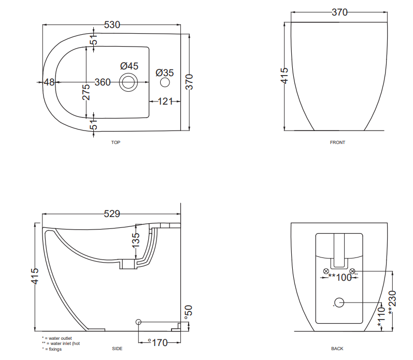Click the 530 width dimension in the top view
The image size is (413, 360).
(x=112, y=25)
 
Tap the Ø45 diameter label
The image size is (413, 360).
(x=130, y=66)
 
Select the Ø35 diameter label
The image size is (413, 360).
(x=165, y=73)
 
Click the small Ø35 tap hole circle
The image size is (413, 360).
(x=165, y=82)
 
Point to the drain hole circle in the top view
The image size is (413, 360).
(x=129, y=82)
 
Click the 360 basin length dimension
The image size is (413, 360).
(x=103, y=82)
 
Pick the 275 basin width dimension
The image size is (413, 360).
(x=86, y=92)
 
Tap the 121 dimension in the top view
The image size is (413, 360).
(x=165, y=101)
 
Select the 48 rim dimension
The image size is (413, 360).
(x=49, y=82)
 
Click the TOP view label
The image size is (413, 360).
(x=116, y=142)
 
